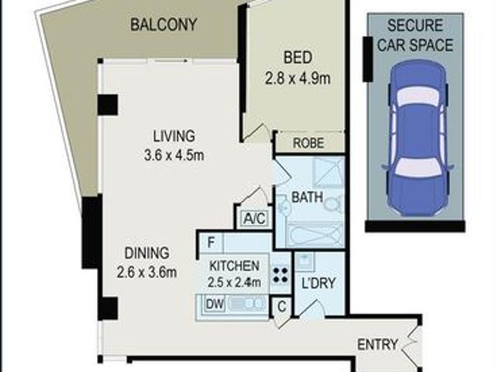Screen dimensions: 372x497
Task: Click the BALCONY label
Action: point(163,25)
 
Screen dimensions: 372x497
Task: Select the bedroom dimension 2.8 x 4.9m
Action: point(297,79)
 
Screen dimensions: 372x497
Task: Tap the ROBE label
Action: point(309,143)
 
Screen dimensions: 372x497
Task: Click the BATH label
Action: point(307,197)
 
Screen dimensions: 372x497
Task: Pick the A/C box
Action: point(255,219)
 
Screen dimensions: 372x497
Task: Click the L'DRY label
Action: point(318,283)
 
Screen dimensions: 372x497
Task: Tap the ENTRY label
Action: point(377,343)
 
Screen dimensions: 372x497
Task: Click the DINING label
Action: point(147,253)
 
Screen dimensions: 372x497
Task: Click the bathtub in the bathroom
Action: point(314,235)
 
